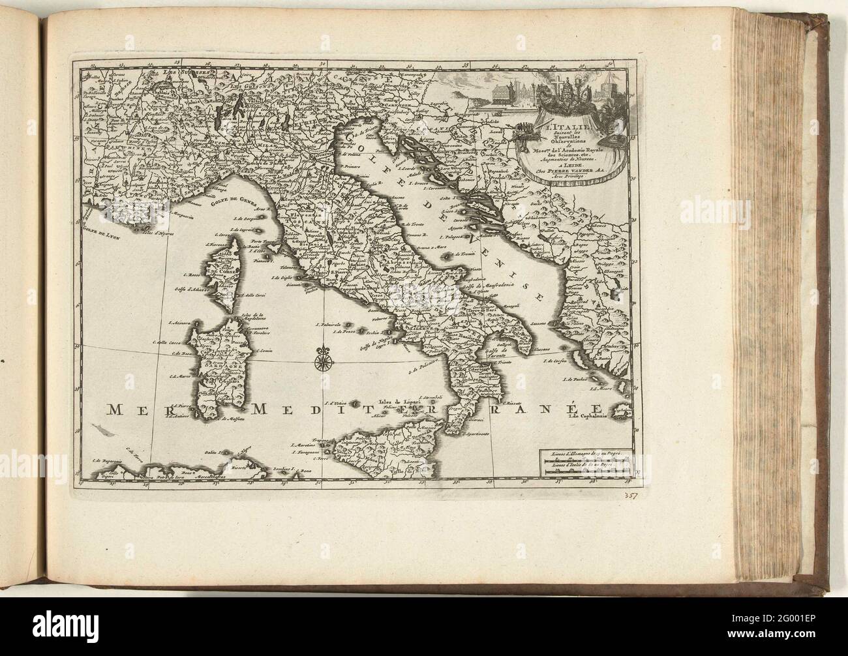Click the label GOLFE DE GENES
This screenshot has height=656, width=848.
pos(232,201)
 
